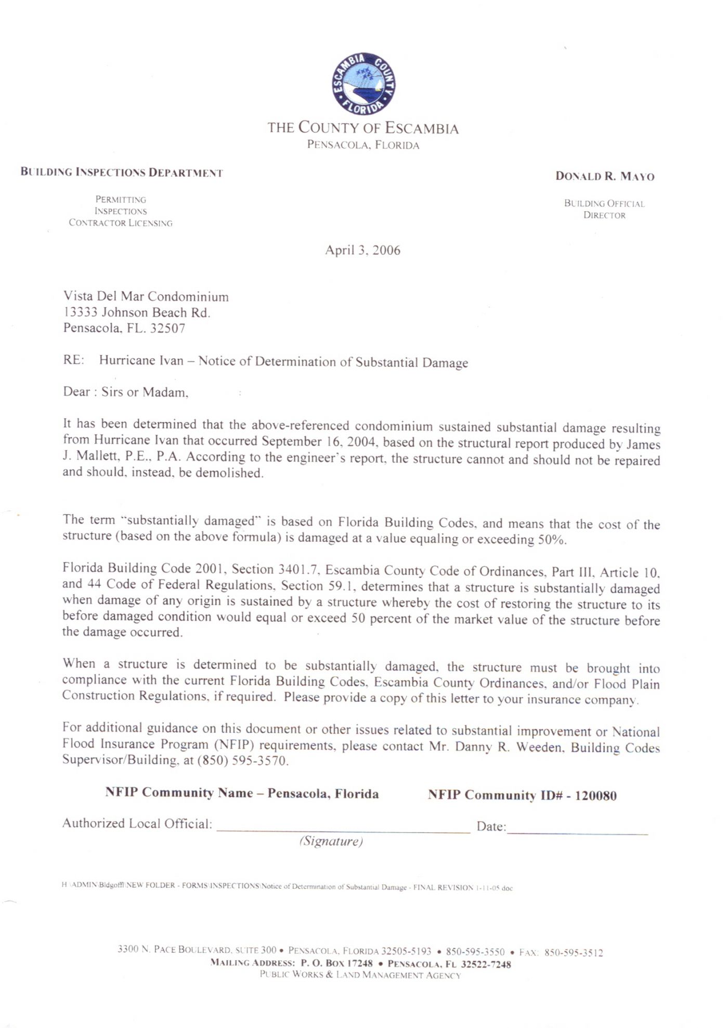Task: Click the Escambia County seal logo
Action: [x=363, y=83]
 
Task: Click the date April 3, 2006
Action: [x=362, y=251]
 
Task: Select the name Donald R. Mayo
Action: [x=605, y=176]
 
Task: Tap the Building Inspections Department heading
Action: [x=122, y=173]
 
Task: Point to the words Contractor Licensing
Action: [x=121, y=223]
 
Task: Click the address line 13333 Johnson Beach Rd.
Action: [x=137, y=313]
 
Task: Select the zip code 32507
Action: [x=167, y=329]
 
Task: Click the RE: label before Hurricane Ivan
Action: [x=73, y=360]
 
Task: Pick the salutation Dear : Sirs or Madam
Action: [x=125, y=392]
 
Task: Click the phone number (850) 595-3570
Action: [x=242, y=761]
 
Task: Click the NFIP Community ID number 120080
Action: [x=595, y=796]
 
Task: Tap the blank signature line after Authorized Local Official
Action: [x=343, y=826]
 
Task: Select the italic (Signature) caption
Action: [x=331, y=841]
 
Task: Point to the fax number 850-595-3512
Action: [x=574, y=953]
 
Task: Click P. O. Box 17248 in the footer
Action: [x=337, y=964]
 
